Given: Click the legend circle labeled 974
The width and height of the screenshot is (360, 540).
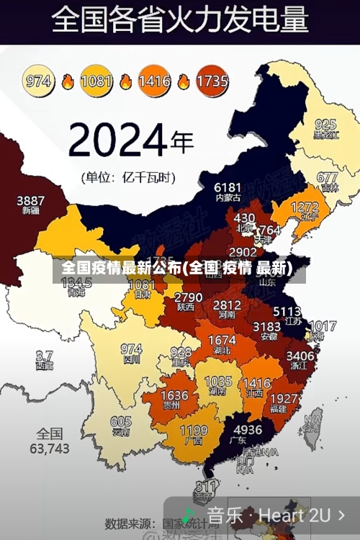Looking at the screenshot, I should pos(39,81).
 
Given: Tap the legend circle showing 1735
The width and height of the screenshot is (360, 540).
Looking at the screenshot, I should pos(212,81).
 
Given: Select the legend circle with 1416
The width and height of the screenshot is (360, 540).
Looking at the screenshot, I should pos(154,81).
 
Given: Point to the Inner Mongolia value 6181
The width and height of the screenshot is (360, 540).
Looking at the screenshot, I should pos(228,187).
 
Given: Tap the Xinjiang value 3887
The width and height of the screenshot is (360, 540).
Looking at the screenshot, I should pos(30,200).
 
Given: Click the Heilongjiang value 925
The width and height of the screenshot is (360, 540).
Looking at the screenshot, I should pos(325,124).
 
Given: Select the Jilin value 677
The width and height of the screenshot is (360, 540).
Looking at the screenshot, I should pos(327,177).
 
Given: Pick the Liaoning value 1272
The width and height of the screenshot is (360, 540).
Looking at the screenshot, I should pos(305,207).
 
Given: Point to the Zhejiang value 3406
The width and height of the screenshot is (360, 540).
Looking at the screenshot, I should pos(300,355).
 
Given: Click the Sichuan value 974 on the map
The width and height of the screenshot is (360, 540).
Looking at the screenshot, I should pos(131,349).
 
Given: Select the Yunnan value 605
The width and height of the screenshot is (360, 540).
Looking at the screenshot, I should pos(121,422).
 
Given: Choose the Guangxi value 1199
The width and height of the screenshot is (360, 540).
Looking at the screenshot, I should pos(193,431).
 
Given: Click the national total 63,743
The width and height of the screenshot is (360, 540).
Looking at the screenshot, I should pos(50,448).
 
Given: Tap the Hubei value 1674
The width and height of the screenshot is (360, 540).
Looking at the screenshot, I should pos(221,340).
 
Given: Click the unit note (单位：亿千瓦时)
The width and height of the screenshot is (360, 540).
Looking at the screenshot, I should pos(127,176).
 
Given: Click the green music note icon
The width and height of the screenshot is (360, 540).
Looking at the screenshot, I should pos(189,516).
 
